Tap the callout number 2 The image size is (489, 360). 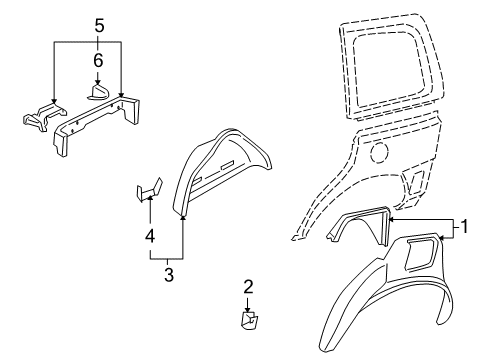pos(249,288)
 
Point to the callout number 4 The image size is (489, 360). pos(149,236)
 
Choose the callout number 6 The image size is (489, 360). pos(97,60)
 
